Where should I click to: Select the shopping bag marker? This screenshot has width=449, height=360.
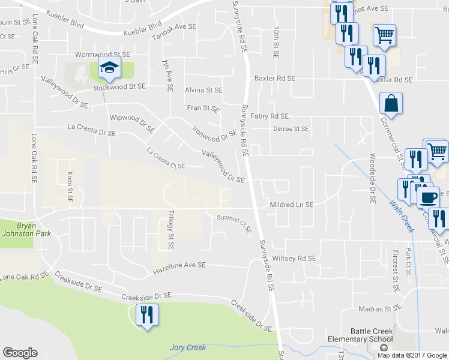pyautogui.click(x=391, y=103)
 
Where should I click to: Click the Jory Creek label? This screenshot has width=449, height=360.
pyautogui.click(x=187, y=347)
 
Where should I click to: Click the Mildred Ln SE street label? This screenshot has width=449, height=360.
pyautogui.click(x=292, y=205)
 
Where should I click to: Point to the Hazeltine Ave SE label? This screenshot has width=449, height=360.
pyautogui.click(x=179, y=265)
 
